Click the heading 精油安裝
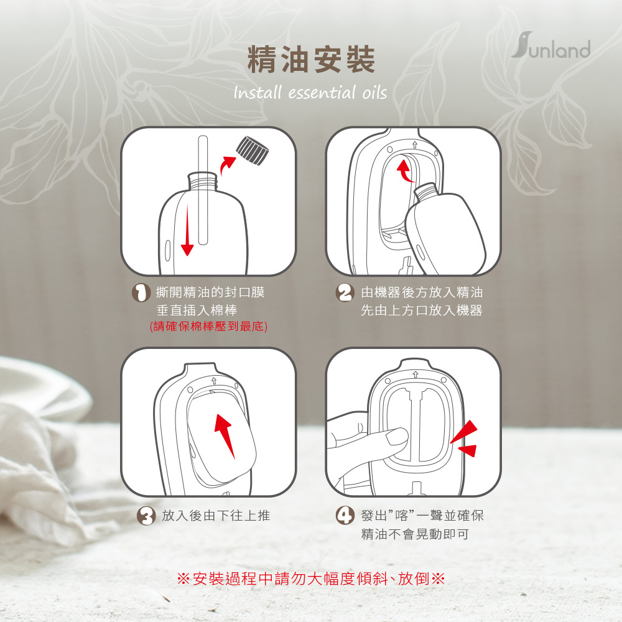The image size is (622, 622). click(x=311, y=59)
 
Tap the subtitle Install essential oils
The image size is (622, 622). click(x=310, y=93)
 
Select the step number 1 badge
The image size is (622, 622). click(x=141, y=293)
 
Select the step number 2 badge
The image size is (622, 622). click(x=345, y=293)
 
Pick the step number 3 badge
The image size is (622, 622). click(x=146, y=516)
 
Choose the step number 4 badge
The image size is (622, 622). click(x=345, y=516)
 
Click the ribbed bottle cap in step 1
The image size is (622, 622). click(x=253, y=151)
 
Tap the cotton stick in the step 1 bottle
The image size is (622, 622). click(x=203, y=190)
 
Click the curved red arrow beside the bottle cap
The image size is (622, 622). click(x=227, y=164)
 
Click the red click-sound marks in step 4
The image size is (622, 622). click(x=465, y=439)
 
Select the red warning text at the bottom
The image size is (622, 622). click(x=311, y=578)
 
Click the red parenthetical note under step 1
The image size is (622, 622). click(x=208, y=327)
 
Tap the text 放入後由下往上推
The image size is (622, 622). click(x=216, y=516)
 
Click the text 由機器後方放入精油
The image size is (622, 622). click(x=422, y=292)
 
